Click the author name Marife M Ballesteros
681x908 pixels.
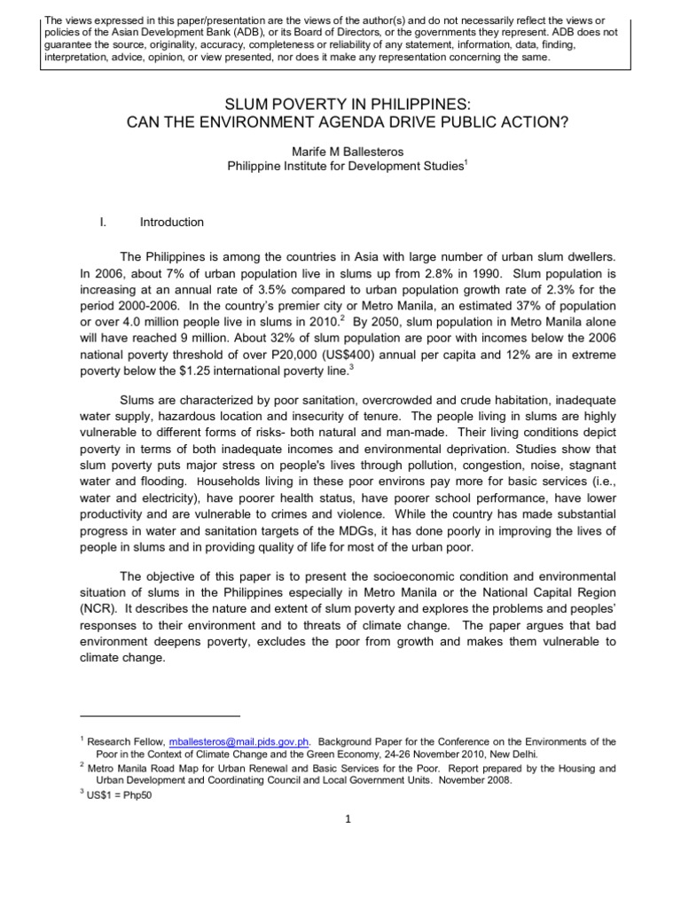pos(340,153)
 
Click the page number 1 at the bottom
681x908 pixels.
pos(348,819)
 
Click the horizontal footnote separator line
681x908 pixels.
pos(160,715)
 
